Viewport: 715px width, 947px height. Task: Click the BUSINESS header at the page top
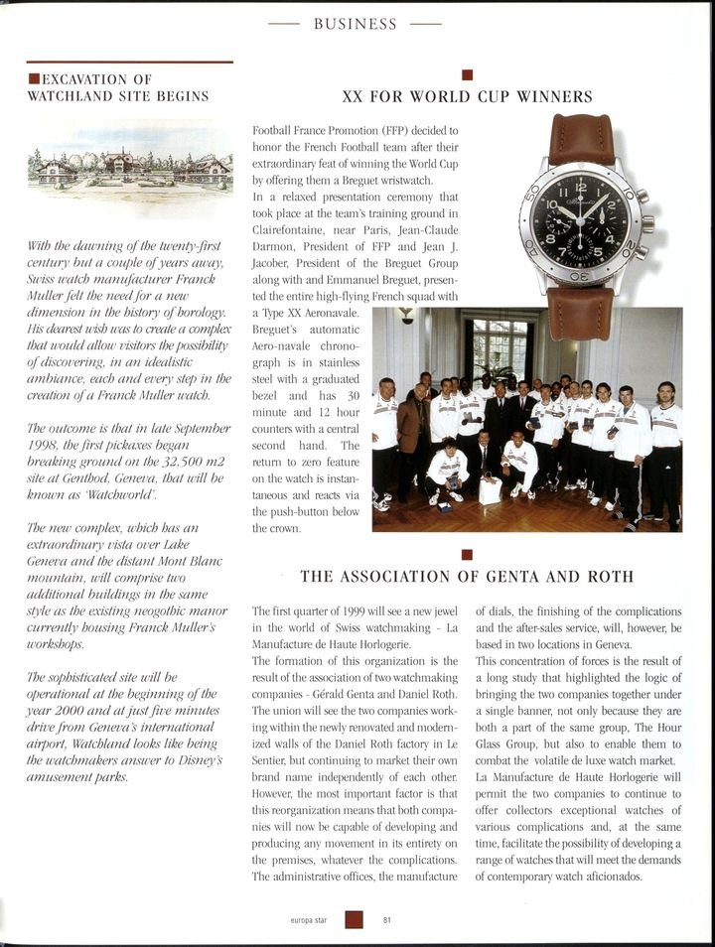[x=356, y=24]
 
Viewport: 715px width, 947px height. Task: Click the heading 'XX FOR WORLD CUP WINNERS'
[x=467, y=97]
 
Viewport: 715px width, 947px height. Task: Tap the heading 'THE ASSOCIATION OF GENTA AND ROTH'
[x=467, y=576]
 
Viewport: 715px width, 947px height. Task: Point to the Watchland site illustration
[x=129, y=169]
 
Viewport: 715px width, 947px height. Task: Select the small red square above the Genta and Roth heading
[x=467, y=554]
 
